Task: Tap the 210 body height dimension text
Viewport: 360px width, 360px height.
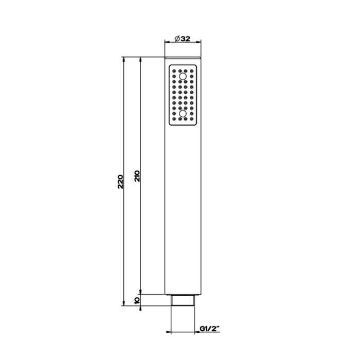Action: pyautogui.click(x=137, y=176)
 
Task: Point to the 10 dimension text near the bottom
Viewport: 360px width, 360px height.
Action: pyautogui.click(x=137, y=300)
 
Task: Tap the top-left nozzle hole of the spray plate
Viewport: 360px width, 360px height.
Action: pyautogui.click(x=173, y=69)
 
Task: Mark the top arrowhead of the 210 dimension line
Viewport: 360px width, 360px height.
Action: pyautogui.click(x=140, y=59)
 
